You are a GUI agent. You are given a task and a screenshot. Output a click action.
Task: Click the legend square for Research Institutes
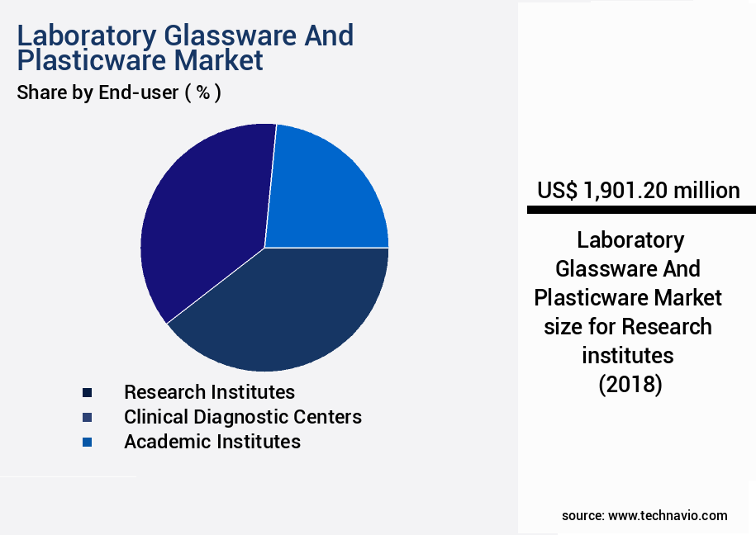point(88,392)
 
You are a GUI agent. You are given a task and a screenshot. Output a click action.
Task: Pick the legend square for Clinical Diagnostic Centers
point(88,417)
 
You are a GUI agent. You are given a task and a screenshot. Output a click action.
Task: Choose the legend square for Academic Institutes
point(88,443)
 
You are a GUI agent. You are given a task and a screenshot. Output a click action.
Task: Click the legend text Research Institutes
point(209,391)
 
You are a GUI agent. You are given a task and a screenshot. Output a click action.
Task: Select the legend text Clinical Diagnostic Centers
point(242,417)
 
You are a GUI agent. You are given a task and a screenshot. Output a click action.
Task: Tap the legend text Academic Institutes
point(212,442)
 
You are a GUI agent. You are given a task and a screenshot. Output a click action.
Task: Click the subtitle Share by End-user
point(97,92)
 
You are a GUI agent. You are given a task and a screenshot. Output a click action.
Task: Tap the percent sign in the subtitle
point(202,92)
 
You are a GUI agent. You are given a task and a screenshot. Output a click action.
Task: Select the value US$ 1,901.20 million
point(638,191)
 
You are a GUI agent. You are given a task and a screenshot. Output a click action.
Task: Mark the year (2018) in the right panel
point(630,384)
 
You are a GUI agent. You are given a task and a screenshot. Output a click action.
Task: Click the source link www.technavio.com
point(668,515)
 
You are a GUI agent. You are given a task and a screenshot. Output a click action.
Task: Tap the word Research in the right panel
point(666,326)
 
